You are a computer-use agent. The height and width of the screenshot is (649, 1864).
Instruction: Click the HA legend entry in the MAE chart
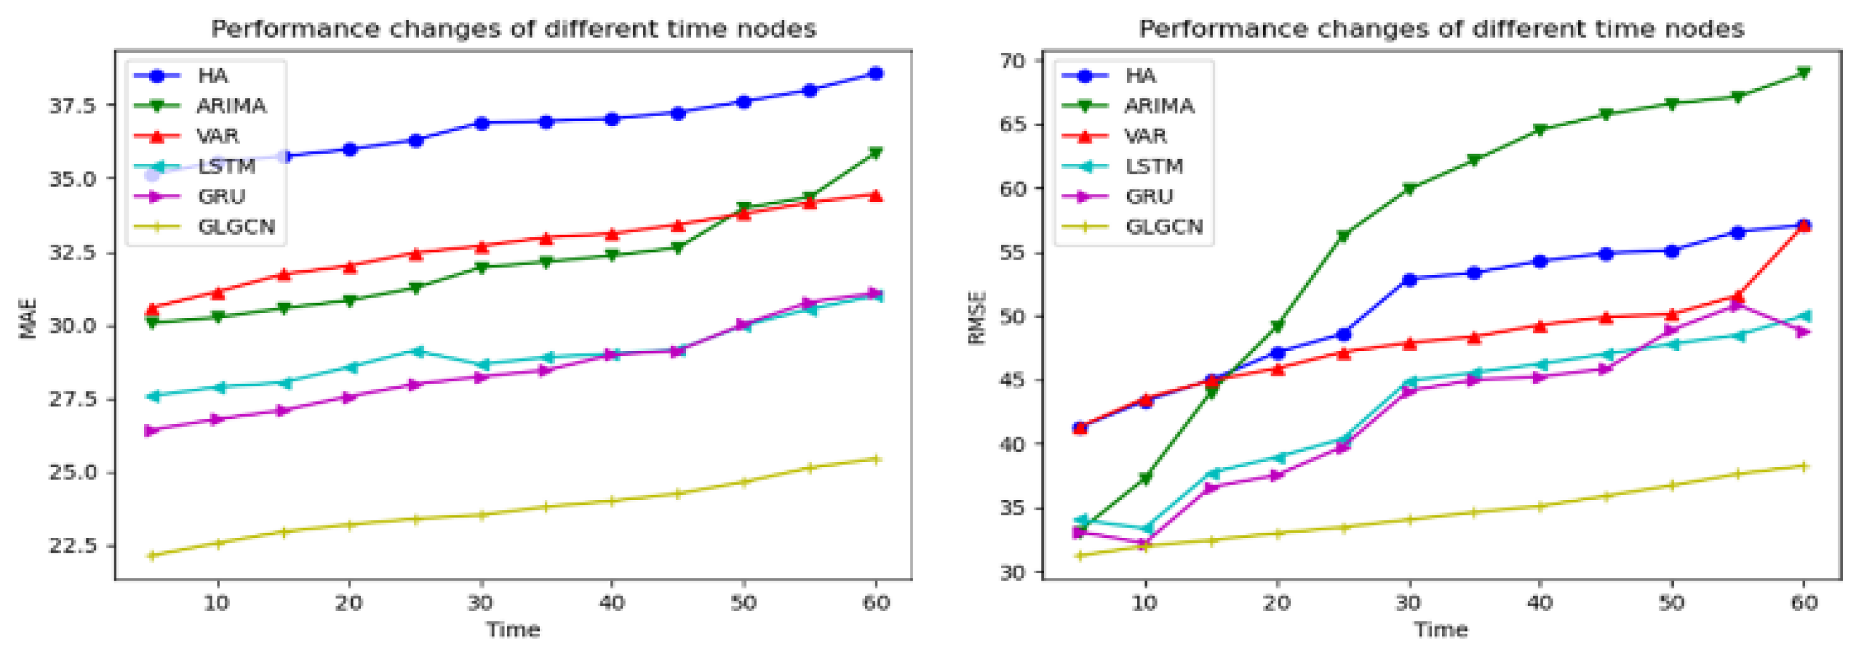click(212, 75)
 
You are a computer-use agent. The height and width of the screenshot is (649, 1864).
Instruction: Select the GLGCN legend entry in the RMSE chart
click(1164, 227)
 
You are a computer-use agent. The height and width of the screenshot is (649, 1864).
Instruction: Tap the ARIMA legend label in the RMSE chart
click(1159, 106)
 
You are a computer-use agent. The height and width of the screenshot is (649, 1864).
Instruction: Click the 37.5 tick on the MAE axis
click(71, 106)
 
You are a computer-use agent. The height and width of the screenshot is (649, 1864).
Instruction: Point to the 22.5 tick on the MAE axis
click(71, 545)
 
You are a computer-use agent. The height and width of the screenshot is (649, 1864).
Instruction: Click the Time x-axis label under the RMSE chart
click(1441, 630)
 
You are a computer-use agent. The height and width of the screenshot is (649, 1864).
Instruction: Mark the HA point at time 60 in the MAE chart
click(875, 73)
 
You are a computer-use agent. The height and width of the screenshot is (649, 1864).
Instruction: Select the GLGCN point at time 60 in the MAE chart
click(875, 459)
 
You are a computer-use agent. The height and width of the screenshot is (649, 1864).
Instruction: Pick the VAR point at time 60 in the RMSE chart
click(1803, 227)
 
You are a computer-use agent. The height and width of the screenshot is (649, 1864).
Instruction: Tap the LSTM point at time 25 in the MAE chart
click(415, 351)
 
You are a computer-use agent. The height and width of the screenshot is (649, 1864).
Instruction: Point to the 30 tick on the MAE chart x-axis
click(480, 602)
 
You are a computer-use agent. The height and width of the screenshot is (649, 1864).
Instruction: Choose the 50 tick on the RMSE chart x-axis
click(1671, 602)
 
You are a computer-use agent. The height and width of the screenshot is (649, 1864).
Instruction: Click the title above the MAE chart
click(513, 29)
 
